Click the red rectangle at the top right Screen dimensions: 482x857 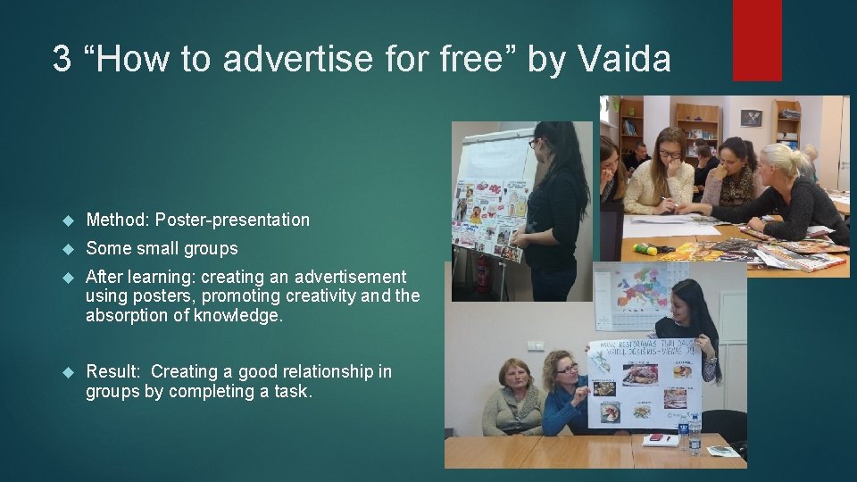757,40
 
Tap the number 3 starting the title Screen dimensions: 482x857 61,60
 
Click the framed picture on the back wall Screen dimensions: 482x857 751,118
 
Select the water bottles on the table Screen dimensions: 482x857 693,435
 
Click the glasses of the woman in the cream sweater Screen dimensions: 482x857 670,154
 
